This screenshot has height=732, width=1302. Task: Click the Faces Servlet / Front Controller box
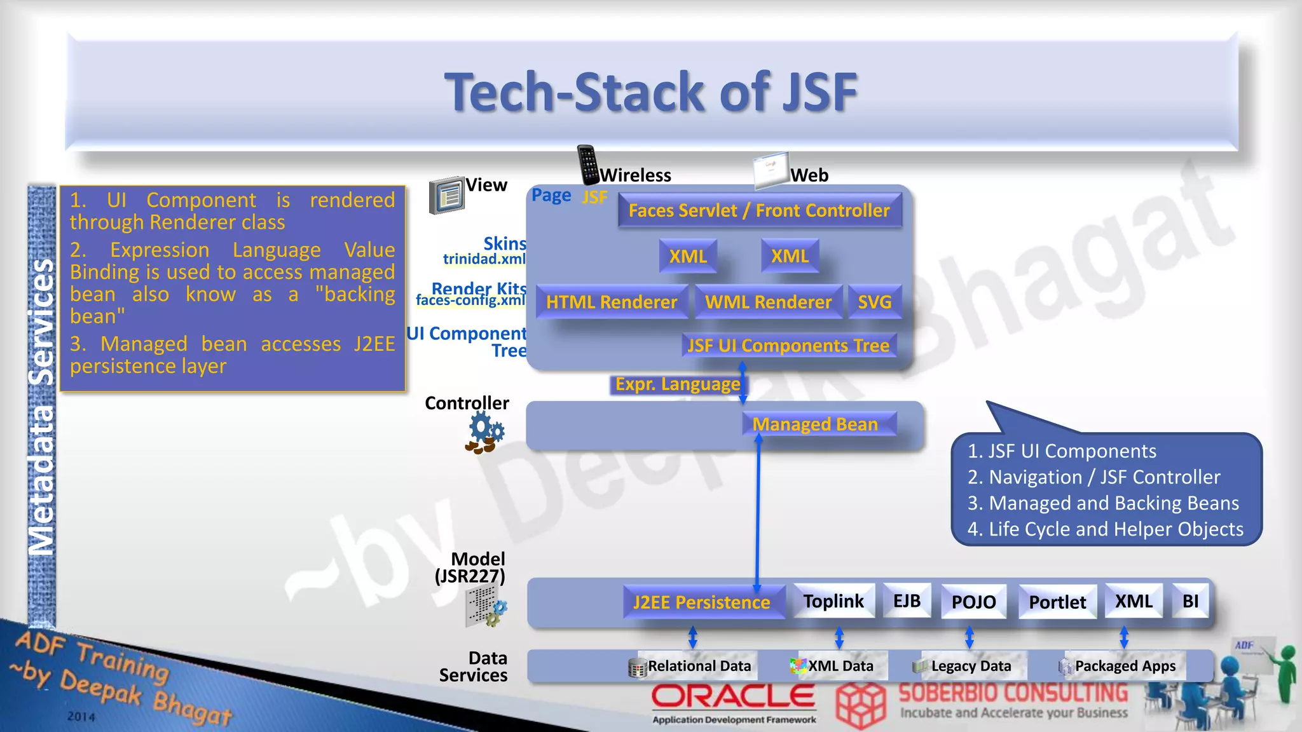759,211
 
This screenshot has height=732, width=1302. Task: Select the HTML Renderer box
612,302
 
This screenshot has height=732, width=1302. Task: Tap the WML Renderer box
768,302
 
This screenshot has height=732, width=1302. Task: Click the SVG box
875,302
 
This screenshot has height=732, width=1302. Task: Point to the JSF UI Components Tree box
788,346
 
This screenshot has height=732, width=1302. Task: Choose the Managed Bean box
815,424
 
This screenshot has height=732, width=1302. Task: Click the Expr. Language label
678,384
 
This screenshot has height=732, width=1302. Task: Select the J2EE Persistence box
702,602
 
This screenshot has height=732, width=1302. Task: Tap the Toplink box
833,601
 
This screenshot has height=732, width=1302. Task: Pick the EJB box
907,601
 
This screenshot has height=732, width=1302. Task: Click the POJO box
974,602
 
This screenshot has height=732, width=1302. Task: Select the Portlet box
1058,602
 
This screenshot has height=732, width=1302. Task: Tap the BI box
1191,601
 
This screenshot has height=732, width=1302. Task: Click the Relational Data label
699,666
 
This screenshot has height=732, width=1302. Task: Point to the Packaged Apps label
1125,666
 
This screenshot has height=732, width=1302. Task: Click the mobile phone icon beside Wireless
588,165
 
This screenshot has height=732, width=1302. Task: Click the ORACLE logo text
733,697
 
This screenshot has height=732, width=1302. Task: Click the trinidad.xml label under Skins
484,259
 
